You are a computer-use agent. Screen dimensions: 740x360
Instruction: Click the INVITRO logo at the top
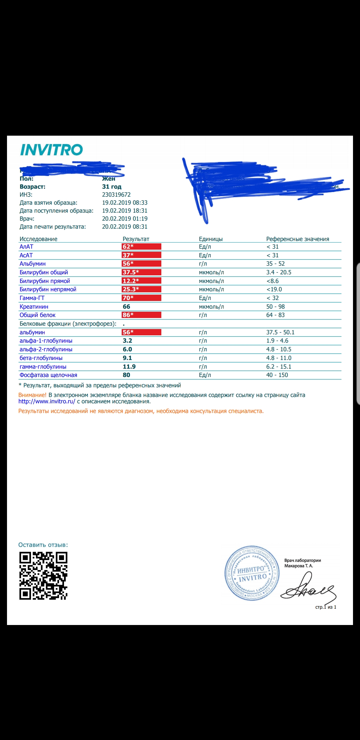pos(51,150)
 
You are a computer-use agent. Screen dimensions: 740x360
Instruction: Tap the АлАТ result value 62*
pos(128,247)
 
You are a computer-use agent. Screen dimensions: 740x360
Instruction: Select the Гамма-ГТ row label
pos(32,298)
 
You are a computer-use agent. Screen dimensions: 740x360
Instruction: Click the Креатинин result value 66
pos(127,307)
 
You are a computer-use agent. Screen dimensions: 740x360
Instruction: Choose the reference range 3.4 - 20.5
pos(279,272)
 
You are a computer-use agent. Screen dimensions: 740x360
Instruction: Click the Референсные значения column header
pos(297,239)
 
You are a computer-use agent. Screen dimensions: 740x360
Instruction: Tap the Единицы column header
pos(211,239)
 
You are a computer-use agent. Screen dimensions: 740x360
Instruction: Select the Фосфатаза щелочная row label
pos(48,375)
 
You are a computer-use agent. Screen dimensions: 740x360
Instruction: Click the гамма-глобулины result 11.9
pos(129,367)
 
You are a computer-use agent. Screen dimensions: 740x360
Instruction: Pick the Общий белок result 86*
pos(128,315)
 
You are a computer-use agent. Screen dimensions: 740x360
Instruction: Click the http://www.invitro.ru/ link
pos(47,401)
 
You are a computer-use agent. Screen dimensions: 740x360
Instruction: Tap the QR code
pos(43,576)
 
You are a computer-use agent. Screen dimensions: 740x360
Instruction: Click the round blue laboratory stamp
pos(252,573)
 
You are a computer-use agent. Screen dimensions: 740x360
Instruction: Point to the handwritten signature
pos(308,587)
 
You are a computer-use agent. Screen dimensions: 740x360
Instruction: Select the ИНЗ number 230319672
pos(116,195)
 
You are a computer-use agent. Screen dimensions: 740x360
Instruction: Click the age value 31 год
pos(112,187)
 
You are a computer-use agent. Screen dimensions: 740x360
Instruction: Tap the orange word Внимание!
pos(32,395)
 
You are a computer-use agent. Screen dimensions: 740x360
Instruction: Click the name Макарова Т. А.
pos(299,566)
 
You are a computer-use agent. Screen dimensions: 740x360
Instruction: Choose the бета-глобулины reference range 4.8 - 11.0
pos(279,358)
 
